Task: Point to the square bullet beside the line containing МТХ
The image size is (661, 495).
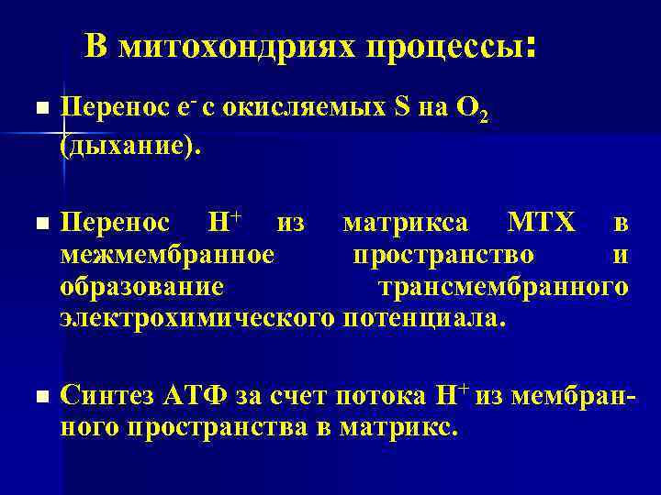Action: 36,224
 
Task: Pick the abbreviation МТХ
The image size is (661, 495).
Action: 542,223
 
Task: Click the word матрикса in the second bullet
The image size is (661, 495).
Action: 405,223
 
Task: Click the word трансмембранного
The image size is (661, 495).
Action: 504,287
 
